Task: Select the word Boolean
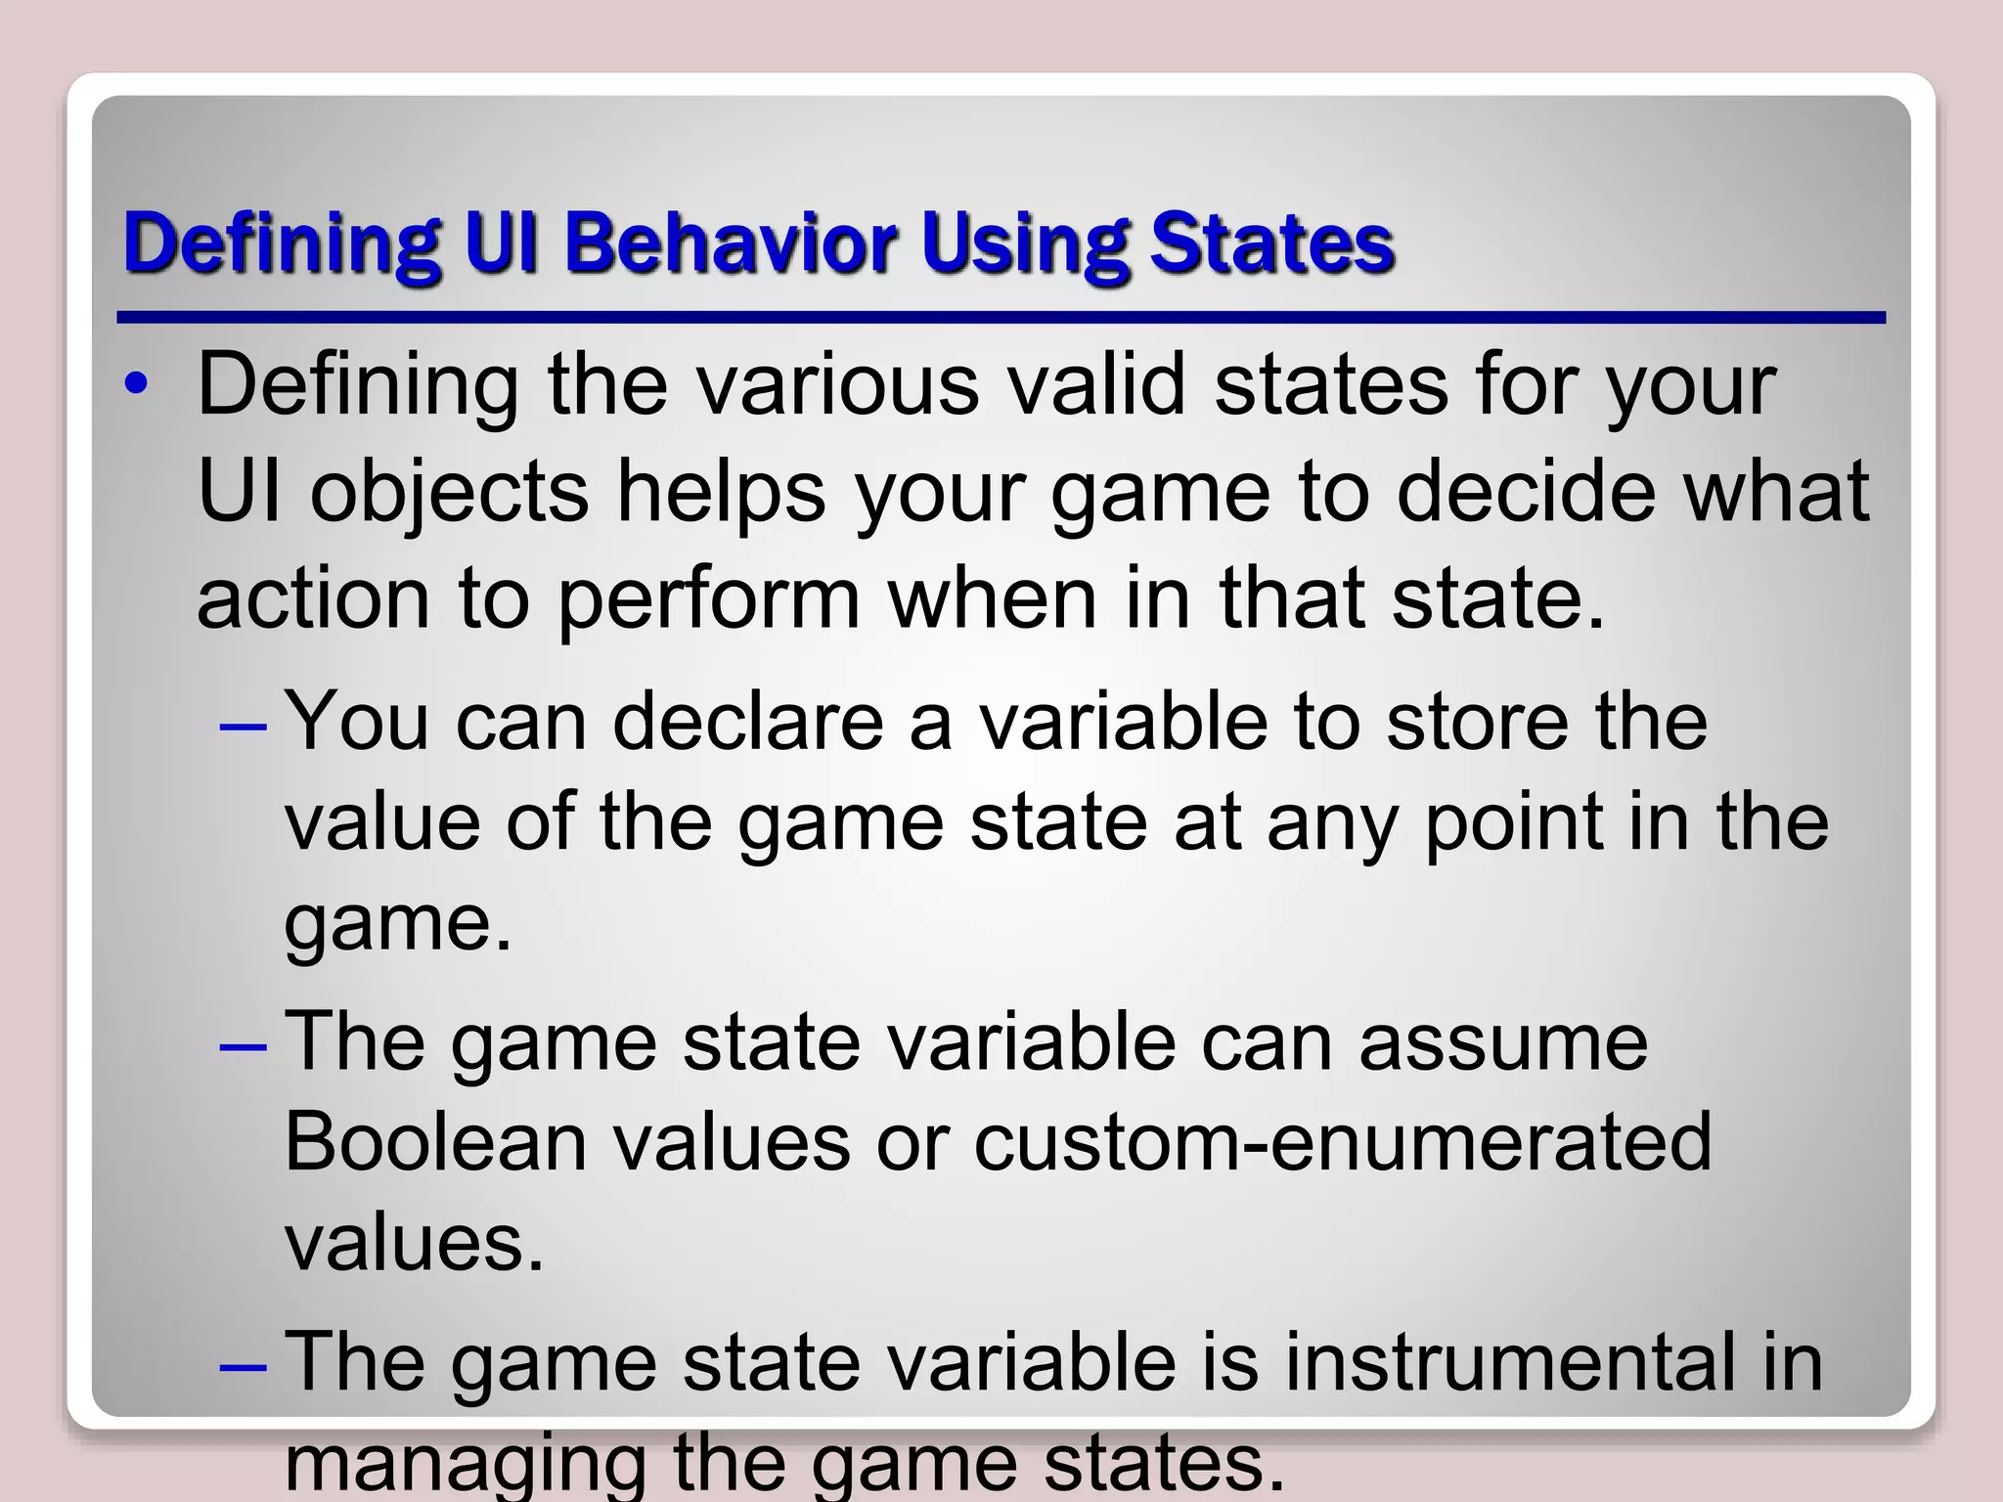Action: coord(435,1141)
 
